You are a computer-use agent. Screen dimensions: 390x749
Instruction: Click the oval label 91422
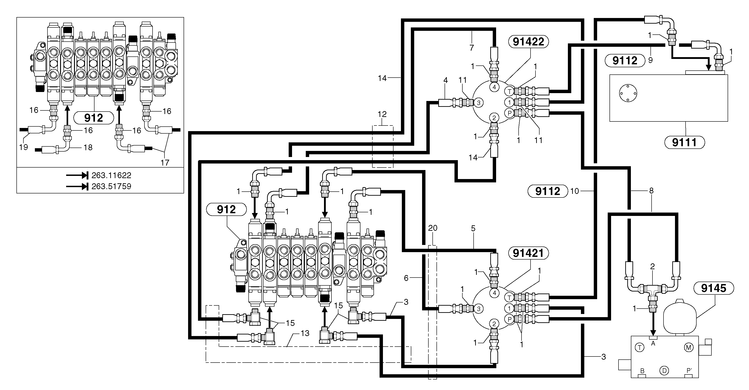(528, 42)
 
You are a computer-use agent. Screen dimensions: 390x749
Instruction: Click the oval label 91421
(528, 253)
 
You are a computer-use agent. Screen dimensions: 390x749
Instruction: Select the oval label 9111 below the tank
(684, 142)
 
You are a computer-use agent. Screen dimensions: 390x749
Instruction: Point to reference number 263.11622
(111, 175)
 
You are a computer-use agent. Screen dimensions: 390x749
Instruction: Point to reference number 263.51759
(111, 186)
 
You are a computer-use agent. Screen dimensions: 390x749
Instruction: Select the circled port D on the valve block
(664, 370)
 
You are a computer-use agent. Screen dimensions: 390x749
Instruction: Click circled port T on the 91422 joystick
(509, 91)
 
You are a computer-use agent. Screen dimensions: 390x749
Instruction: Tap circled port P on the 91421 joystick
(509, 319)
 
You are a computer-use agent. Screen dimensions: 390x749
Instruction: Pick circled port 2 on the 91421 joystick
(494, 323)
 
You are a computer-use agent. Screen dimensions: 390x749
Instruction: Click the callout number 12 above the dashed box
(382, 114)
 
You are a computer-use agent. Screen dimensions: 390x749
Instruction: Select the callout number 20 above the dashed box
(433, 228)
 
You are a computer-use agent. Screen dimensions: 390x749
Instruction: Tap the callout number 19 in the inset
(24, 147)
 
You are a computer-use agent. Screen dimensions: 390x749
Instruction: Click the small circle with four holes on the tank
(628, 93)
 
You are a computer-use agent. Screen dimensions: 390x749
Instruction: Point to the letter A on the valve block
(653, 343)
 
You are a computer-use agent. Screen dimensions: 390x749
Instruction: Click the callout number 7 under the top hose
(472, 47)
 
